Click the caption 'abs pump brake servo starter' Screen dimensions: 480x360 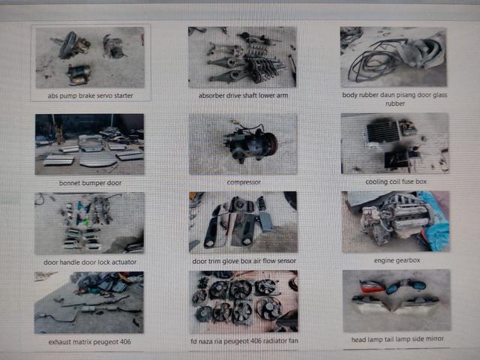[90, 96]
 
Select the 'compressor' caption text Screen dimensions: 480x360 [244, 182]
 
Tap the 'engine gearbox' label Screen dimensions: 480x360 [397, 260]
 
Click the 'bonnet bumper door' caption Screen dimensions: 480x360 [90, 183]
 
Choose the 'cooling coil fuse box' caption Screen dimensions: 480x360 [396, 181]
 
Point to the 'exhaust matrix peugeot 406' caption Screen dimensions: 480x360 [90, 342]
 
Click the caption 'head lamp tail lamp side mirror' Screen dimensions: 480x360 [397, 339]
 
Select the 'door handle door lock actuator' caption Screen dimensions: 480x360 [90, 262]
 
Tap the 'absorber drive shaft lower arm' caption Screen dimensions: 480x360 [243, 95]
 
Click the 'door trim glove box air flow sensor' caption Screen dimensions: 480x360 [244, 261]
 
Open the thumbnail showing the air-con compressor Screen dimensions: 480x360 [243, 144]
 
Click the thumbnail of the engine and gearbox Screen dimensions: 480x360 [396, 222]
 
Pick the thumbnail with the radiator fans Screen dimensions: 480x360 [244, 301]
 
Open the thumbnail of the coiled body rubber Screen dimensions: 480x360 [393, 57]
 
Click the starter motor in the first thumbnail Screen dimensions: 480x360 [79, 75]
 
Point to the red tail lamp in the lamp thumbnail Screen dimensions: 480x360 [372, 286]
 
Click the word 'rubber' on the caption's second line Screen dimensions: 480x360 [395, 103]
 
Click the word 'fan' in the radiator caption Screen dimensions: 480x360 [293, 340]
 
